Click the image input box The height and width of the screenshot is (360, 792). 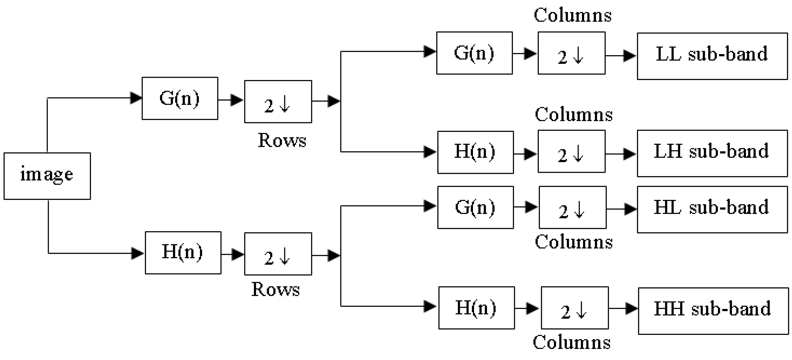tap(47, 176)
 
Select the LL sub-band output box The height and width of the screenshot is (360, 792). tap(712, 56)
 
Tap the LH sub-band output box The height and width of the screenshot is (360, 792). tap(712, 153)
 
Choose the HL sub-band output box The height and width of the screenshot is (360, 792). tap(712, 209)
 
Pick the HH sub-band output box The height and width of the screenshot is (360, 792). tap(713, 311)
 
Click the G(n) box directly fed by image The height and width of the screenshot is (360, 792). tap(180, 98)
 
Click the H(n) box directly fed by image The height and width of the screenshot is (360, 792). tap(183, 253)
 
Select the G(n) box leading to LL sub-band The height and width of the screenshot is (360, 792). tap(474, 53)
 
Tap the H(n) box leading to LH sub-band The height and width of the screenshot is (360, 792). tap(475, 152)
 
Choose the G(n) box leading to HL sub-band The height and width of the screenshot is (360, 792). tap(475, 207)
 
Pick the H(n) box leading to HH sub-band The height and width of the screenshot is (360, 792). tap(476, 308)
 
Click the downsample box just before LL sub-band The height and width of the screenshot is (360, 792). tap(571, 53)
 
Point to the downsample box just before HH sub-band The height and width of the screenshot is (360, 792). tap(574, 308)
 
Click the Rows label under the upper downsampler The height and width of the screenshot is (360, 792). tap(282, 140)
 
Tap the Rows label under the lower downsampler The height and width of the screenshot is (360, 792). tap(275, 290)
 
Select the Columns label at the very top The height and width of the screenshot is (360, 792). tap(572, 15)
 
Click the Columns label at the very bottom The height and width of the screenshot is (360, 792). tap(571, 342)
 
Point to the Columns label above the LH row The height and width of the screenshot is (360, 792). tap(573, 115)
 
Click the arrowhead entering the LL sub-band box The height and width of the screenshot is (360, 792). tap(630, 56)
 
